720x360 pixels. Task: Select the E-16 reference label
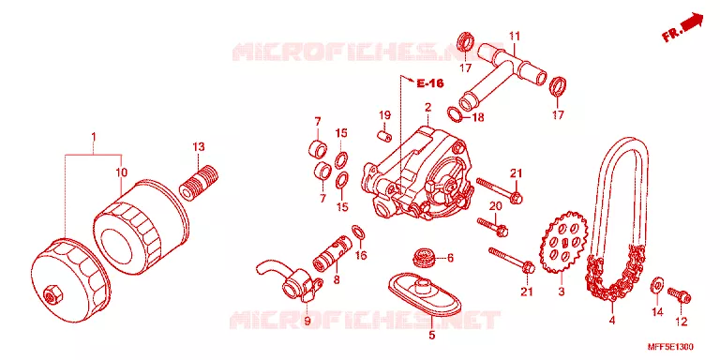click(430, 83)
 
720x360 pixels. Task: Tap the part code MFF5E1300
click(670, 347)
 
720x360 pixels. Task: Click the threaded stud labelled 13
click(199, 184)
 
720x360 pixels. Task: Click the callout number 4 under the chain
click(611, 321)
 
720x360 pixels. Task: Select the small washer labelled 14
click(656, 286)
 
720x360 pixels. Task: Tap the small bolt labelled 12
click(679, 294)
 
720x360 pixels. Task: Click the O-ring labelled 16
click(359, 232)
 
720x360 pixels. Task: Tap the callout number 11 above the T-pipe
click(515, 36)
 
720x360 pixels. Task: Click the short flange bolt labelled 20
click(493, 226)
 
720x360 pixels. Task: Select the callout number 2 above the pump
click(427, 108)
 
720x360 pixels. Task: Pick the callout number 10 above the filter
click(121, 172)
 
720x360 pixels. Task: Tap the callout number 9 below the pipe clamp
click(307, 321)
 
